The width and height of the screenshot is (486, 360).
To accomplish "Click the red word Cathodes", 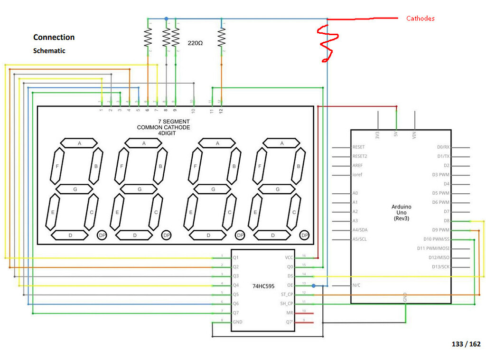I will tap(420, 19).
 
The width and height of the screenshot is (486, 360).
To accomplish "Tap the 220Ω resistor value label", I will tap(195, 43).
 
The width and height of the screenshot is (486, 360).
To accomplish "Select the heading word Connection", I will tap(54, 37).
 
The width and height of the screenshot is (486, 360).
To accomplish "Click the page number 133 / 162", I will tap(466, 344).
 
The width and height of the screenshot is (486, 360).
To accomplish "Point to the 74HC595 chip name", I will tap(263, 286).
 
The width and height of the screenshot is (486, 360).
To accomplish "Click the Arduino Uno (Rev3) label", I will tap(401, 212).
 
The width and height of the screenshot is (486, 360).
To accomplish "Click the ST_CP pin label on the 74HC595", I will tap(287, 294).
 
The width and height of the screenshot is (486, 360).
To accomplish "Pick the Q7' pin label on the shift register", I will tap(289, 322).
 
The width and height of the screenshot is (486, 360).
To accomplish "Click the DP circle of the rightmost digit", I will tap(305, 235).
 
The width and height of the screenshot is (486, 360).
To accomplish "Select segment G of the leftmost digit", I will tap(75, 189).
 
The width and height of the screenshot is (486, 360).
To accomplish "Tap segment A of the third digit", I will tap(218, 143).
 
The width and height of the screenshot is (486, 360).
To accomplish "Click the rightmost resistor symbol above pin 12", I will tap(221, 37).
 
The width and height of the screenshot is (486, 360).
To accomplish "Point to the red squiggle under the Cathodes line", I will tap(327, 43).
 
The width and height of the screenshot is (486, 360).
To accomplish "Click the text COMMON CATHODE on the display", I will tap(163, 127).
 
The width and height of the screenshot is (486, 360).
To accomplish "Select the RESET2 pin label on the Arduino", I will tap(360, 156).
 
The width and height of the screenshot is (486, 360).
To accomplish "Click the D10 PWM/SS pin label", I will tap(436, 239).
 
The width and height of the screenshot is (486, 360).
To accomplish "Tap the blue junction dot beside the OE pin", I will tap(313, 285).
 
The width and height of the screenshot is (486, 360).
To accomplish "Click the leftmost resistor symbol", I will tap(148, 37).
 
